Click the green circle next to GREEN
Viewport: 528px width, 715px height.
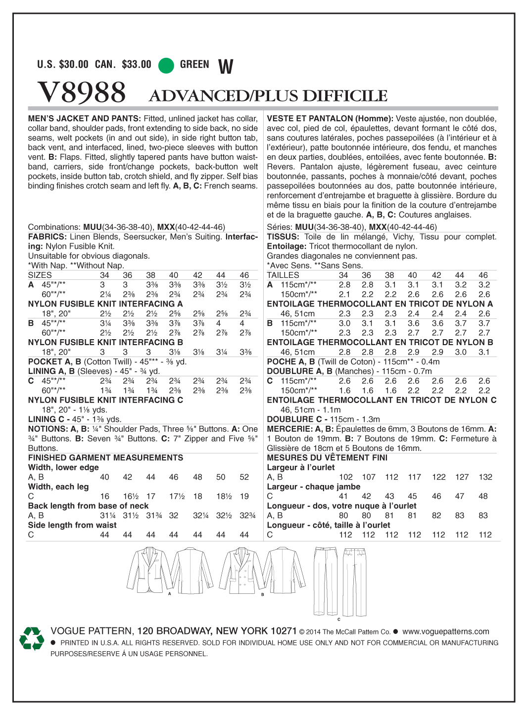[x=166, y=65]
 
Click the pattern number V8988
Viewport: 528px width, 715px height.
[x=82, y=93]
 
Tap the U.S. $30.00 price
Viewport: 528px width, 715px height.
[x=63, y=64]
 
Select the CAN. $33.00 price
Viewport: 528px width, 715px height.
[x=123, y=64]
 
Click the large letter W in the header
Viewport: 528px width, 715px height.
[x=226, y=67]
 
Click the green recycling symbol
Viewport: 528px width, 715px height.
[x=32, y=638]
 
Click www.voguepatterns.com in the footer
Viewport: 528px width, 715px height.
[x=445, y=631]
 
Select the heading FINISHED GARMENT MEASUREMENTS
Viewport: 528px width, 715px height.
[x=105, y=458]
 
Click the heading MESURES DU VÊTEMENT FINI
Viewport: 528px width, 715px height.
[x=327, y=458]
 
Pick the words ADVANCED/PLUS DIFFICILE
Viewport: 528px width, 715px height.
[x=268, y=96]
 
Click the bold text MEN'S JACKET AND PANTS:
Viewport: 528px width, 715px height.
[x=85, y=119]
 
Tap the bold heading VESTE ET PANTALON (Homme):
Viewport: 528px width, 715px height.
[x=330, y=119]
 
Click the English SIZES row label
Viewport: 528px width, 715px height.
[x=40, y=275]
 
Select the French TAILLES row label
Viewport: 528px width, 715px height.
[x=283, y=275]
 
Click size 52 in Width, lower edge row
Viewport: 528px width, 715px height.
[x=244, y=477]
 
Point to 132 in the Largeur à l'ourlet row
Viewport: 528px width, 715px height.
[x=485, y=477]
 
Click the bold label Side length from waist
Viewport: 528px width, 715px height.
[x=72, y=525]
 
